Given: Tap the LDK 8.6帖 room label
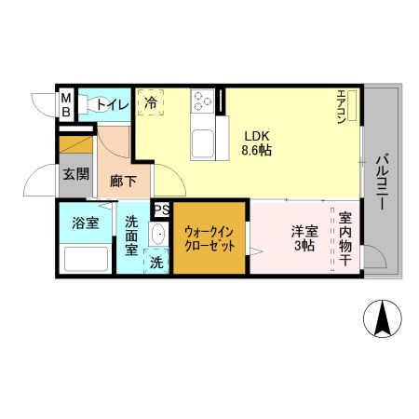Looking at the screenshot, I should tap(257, 141).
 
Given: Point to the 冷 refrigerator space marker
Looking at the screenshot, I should tap(150, 102).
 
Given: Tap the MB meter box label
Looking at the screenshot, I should tap(66, 102).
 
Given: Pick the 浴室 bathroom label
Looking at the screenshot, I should tap(86, 223).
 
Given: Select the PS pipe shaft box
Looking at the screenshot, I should tap(161, 209).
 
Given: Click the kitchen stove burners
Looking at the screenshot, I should tap(203, 100).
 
